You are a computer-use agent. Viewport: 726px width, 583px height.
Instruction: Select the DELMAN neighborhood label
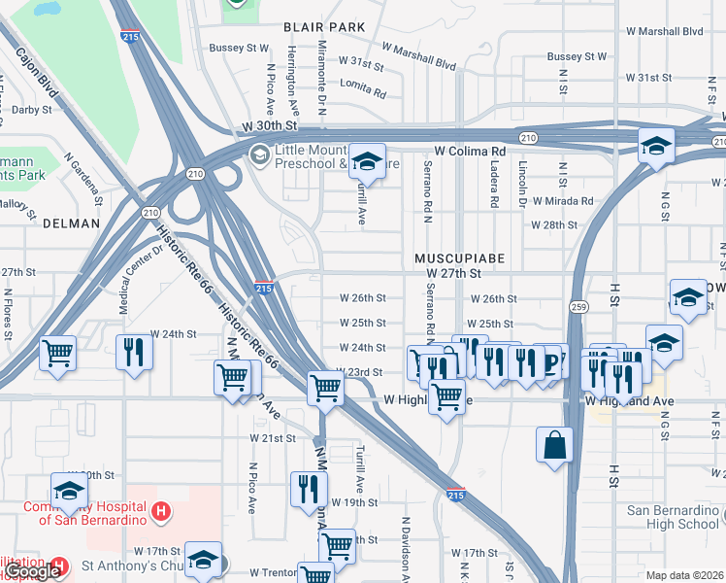pos(71,223)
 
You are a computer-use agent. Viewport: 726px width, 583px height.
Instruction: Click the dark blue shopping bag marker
pos(554,446)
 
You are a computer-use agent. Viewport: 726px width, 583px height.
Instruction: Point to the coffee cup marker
pos(551,361)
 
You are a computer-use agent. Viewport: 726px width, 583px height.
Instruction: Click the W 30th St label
pos(268,126)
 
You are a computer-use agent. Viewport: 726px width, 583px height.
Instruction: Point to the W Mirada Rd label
pos(560,201)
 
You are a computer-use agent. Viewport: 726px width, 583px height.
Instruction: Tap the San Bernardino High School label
pos(673,517)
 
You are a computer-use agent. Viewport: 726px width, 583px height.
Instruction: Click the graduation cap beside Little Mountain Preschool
pos(367,160)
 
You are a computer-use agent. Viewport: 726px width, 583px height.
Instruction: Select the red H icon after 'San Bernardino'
pos(162,509)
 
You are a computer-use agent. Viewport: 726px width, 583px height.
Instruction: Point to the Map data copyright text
pos(685,575)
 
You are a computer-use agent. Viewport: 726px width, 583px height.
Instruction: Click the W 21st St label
pos(272,439)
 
